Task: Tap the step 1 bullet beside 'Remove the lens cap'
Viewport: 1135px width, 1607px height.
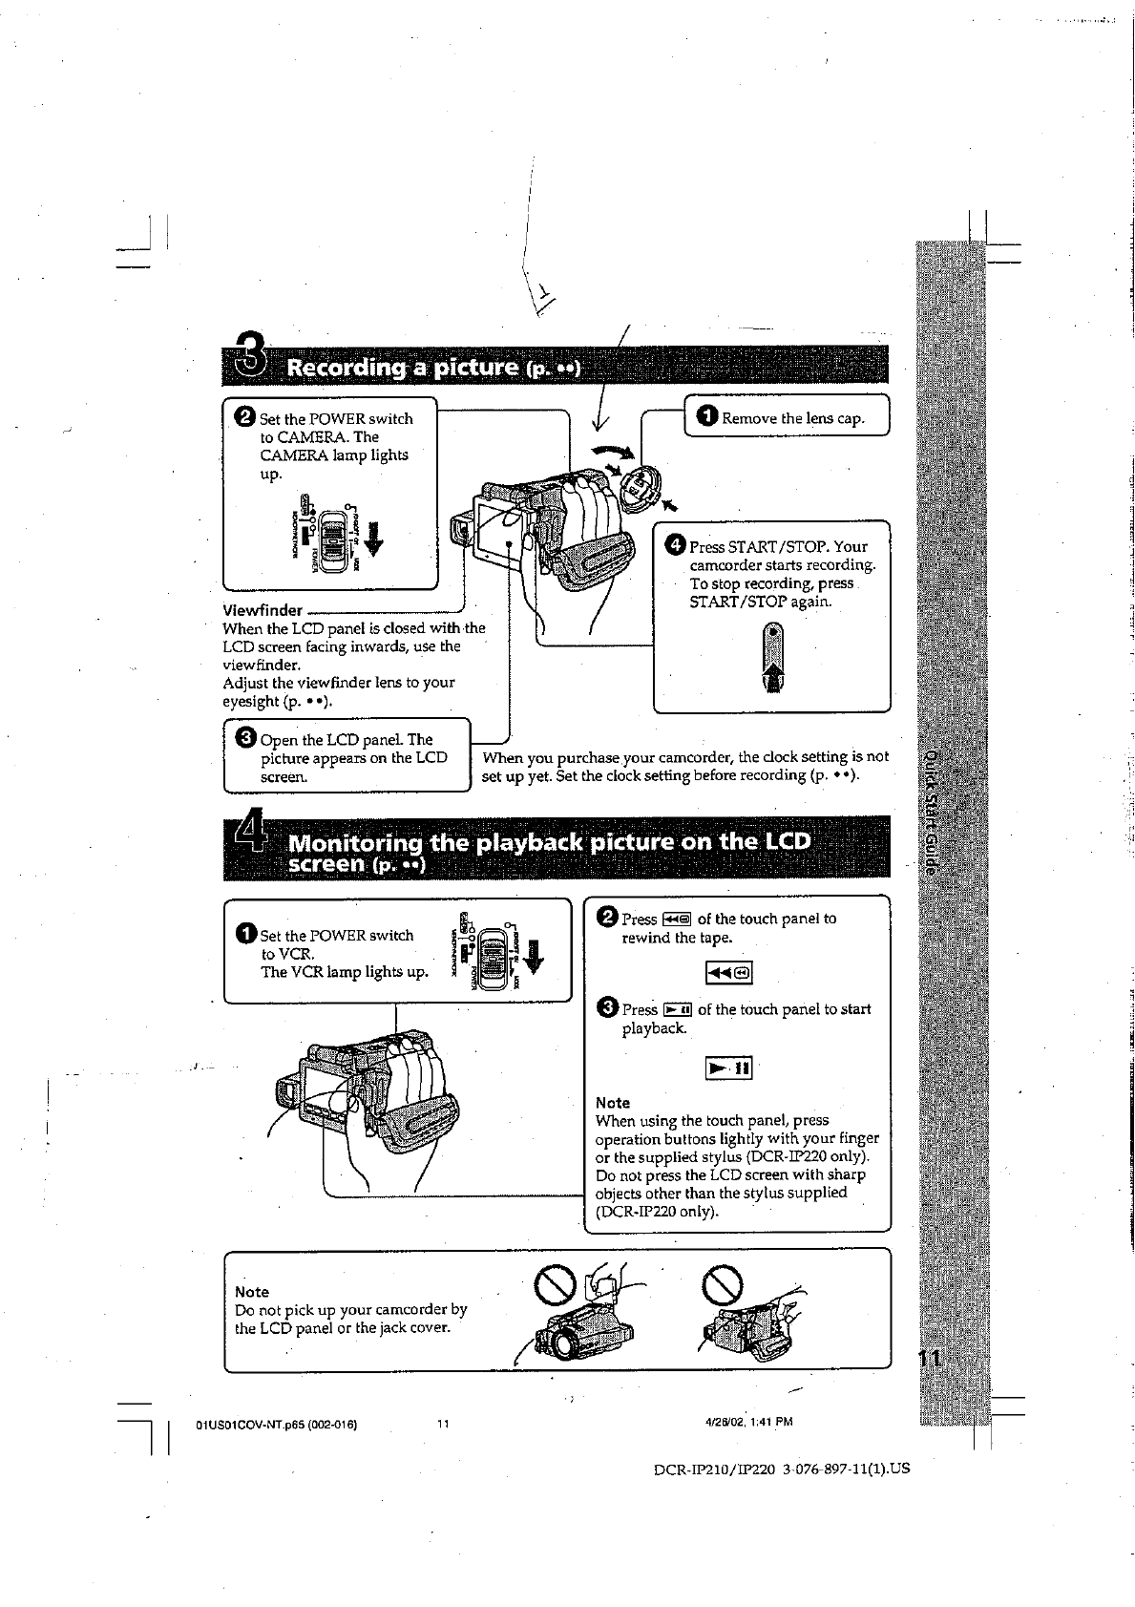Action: coord(707,416)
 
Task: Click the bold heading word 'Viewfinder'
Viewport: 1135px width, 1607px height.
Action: coord(263,610)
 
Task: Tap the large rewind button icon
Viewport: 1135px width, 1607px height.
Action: coord(728,973)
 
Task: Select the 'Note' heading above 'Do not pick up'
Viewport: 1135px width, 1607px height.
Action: coord(252,1292)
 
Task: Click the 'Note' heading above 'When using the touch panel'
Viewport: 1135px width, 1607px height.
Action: coord(613,1103)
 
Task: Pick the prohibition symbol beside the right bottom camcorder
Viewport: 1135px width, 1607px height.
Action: coord(722,1284)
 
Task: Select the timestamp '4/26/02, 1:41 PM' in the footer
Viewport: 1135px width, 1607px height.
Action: coord(748,1422)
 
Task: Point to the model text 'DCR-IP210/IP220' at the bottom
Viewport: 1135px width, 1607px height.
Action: coord(711,1469)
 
